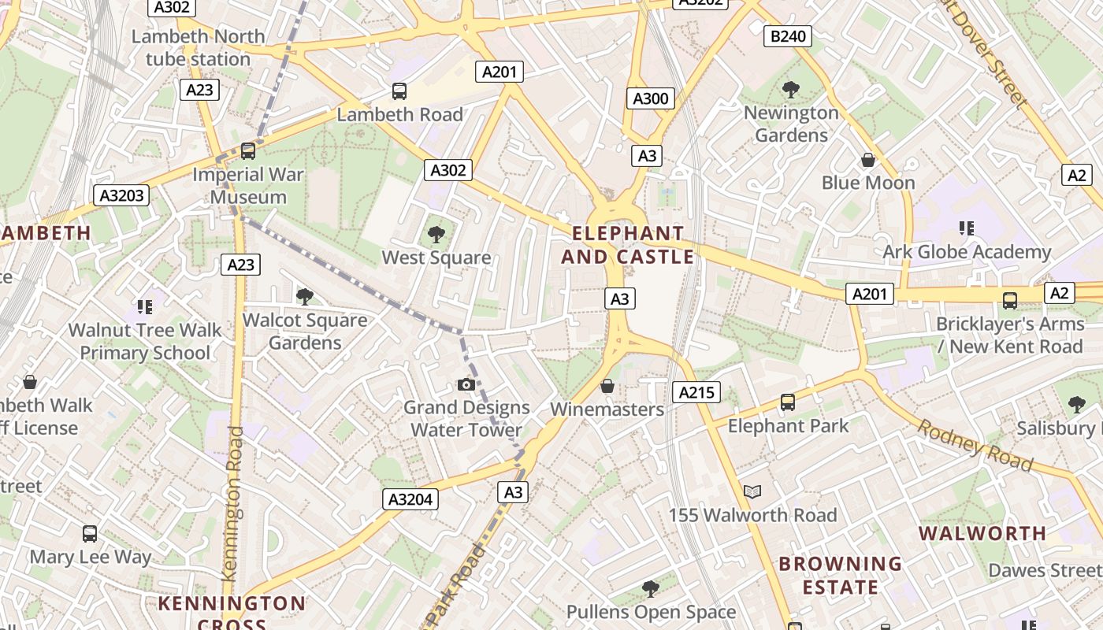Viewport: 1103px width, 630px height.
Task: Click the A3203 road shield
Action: [x=121, y=195]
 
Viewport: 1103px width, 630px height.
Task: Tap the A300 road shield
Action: [x=651, y=98]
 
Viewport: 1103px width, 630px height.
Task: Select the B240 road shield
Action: [x=787, y=35]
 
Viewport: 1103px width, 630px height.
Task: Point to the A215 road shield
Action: [x=697, y=392]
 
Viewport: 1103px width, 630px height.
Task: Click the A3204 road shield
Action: [x=410, y=499]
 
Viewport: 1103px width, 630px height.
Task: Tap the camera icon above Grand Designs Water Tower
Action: [x=466, y=384]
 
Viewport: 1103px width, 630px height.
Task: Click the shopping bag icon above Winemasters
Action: [x=607, y=386]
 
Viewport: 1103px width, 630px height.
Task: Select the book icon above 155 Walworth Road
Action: [x=752, y=492]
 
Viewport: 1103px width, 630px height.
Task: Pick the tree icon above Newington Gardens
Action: [x=791, y=90]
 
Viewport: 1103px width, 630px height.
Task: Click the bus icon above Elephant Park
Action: [x=787, y=402]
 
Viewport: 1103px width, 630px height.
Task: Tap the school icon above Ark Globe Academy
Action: [x=967, y=228]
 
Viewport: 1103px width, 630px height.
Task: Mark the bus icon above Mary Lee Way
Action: [x=90, y=534]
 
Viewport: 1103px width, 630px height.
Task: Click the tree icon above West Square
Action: [x=436, y=234]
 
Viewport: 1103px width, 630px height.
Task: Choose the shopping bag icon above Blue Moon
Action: [x=867, y=160]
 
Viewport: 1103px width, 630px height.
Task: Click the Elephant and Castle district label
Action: [x=628, y=245]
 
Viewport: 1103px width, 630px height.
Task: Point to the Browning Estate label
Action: [x=840, y=575]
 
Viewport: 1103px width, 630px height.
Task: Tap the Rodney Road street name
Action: [x=975, y=446]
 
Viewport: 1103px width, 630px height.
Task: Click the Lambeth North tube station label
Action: [x=198, y=47]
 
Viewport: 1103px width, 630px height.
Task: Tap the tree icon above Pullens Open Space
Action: [x=650, y=588]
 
